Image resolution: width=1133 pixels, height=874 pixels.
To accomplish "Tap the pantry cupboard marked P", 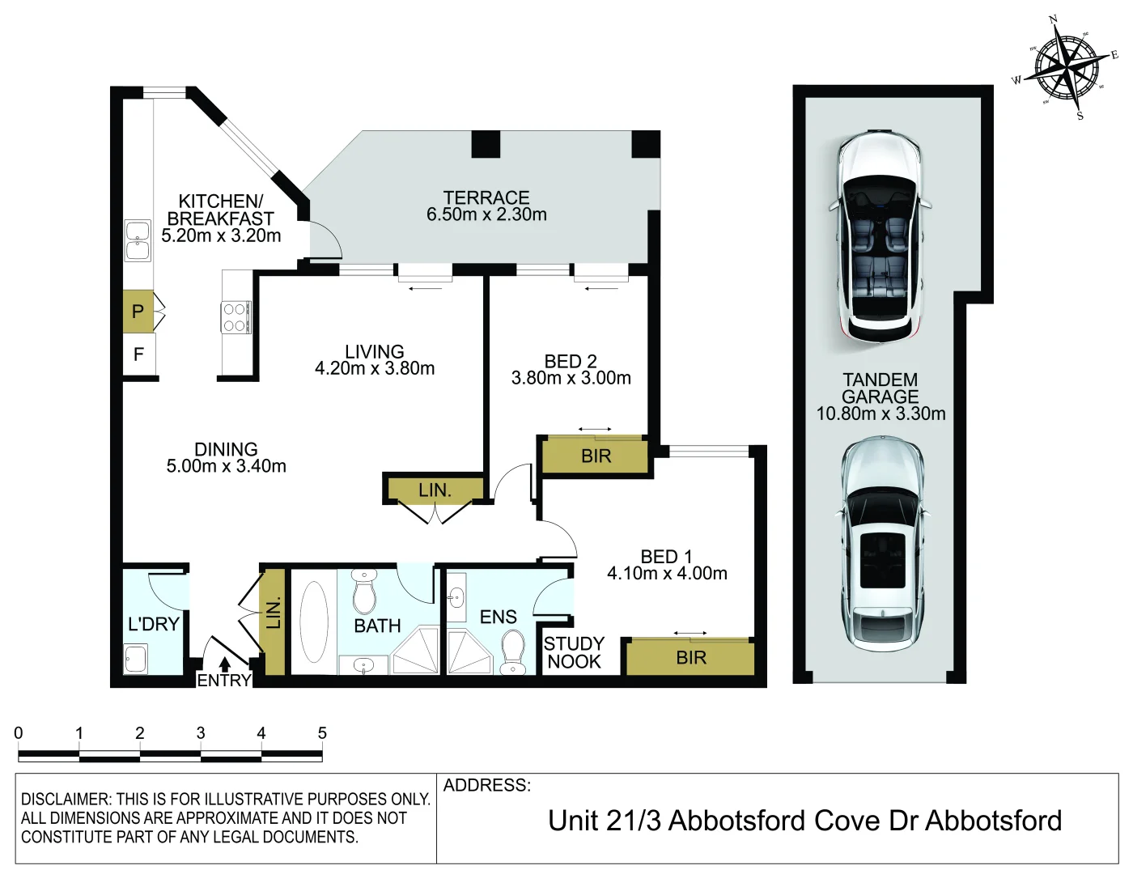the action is click(x=138, y=311).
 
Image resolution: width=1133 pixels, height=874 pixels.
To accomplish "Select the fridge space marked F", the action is click(x=138, y=354).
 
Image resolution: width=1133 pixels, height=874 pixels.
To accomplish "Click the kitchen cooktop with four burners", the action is click(x=236, y=317).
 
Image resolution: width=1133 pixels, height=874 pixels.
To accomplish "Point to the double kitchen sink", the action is click(x=138, y=241).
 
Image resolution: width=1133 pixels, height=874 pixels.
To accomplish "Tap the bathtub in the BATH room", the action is click(x=314, y=622).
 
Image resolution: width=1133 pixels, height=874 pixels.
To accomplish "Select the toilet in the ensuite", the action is click(x=512, y=652).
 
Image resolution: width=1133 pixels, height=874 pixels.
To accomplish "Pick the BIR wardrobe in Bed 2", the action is click(x=596, y=456).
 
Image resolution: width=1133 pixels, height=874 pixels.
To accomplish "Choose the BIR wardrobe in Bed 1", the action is click(x=690, y=658).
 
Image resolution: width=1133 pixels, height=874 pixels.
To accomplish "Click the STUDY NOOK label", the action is click(x=574, y=652).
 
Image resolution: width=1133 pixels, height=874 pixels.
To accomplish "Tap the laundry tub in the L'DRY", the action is click(x=136, y=659).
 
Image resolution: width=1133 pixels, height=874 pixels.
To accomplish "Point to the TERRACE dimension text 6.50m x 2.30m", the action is click(x=486, y=214).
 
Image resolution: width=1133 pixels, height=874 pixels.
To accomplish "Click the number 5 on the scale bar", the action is click(x=322, y=733).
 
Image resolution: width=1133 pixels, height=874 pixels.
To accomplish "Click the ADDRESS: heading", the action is click(x=487, y=785).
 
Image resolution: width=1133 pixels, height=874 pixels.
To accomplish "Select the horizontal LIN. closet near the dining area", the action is click(x=435, y=490).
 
